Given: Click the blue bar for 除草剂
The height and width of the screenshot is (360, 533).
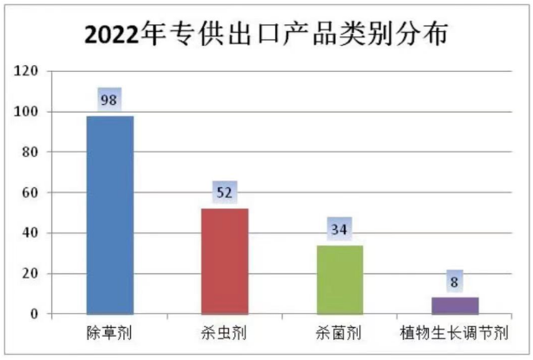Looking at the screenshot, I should (x=110, y=214).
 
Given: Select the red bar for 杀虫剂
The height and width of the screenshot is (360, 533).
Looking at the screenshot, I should (x=225, y=260).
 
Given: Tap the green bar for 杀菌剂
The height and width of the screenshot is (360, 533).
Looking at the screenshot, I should (x=339, y=278).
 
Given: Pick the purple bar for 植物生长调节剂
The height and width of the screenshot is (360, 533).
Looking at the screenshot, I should (x=455, y=305).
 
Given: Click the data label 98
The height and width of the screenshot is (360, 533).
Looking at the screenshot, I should (x=109, y=99).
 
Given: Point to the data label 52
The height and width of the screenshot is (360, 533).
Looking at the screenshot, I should (x=224, y=193).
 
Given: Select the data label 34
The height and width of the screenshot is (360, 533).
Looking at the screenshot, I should (x=339, y=230).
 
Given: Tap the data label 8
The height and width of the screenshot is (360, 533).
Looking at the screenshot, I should (x=455, y=282).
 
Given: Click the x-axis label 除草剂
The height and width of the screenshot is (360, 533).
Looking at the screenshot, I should (x=109, y=332).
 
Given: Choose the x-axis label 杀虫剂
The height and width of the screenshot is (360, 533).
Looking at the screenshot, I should (x=225, y=332).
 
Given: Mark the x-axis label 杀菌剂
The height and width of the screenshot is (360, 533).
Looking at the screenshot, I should (x=339, y=332).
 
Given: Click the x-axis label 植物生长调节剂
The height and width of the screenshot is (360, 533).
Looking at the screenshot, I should (x=453, y=332).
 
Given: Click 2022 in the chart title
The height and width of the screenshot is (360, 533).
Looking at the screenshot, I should (x=117, y=35).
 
